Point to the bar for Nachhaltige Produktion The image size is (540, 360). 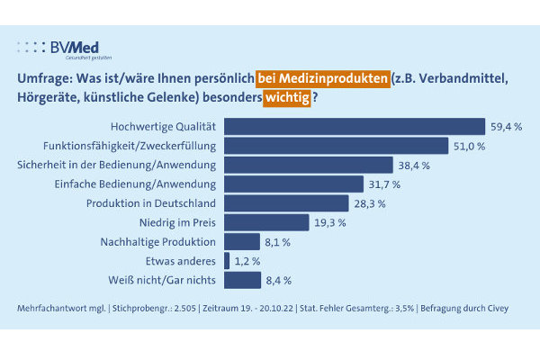[x=241, y=241]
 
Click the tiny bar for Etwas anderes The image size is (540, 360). [x=226, y=260]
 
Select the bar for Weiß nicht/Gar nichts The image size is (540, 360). [x=242, y=279]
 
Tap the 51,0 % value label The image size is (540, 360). [x=470, y=146]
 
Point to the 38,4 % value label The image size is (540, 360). [x=414, y=165]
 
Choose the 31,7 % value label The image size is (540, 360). [x=385, y=184]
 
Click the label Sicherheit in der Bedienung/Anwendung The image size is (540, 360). [x=117, y=165]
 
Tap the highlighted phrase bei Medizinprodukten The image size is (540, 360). [x=323, y=78]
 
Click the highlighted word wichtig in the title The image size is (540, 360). [x=286, y=97]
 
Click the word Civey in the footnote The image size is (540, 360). [x=496, y=309]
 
